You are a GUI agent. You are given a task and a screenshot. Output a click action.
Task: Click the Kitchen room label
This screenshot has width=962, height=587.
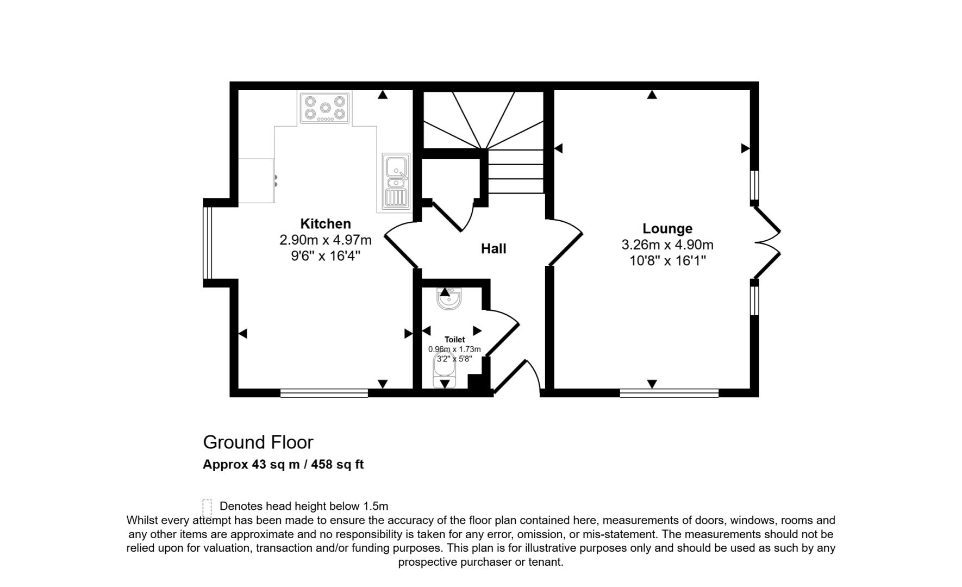click(x=326, y=223)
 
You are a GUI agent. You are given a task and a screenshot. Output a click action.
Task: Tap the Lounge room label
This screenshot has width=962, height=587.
click(x=667, y=228)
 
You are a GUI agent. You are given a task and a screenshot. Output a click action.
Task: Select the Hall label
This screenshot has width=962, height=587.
click(x=494, y=248)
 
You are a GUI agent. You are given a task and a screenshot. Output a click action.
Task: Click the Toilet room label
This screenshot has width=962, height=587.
click(x=454, y=340)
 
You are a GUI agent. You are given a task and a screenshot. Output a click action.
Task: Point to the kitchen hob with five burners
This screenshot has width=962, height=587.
click(x=325, y=108)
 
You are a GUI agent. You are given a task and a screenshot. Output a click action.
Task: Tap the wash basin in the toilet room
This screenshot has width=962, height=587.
click(x=449, y=298)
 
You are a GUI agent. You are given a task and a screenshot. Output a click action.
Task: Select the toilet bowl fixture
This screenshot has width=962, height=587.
click(x=444, y=370)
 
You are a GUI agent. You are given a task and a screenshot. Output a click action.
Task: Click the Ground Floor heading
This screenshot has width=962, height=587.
click(x=258, y=442)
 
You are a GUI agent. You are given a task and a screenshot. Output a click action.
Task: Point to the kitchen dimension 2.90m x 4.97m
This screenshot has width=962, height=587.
click(x=326, y=240)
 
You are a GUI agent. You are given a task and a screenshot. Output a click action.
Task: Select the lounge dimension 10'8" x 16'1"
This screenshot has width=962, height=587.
click(x=667, y=261)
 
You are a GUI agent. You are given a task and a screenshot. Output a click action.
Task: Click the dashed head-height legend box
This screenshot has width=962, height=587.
click(x=207, y=508)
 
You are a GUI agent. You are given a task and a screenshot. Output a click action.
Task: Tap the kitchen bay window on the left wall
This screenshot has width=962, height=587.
click(x=207, y=242)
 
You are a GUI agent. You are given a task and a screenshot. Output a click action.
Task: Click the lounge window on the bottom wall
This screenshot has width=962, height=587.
click(x=669, y=393)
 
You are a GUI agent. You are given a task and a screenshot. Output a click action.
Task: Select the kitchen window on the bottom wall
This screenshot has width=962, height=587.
click(x=324, y=393)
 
